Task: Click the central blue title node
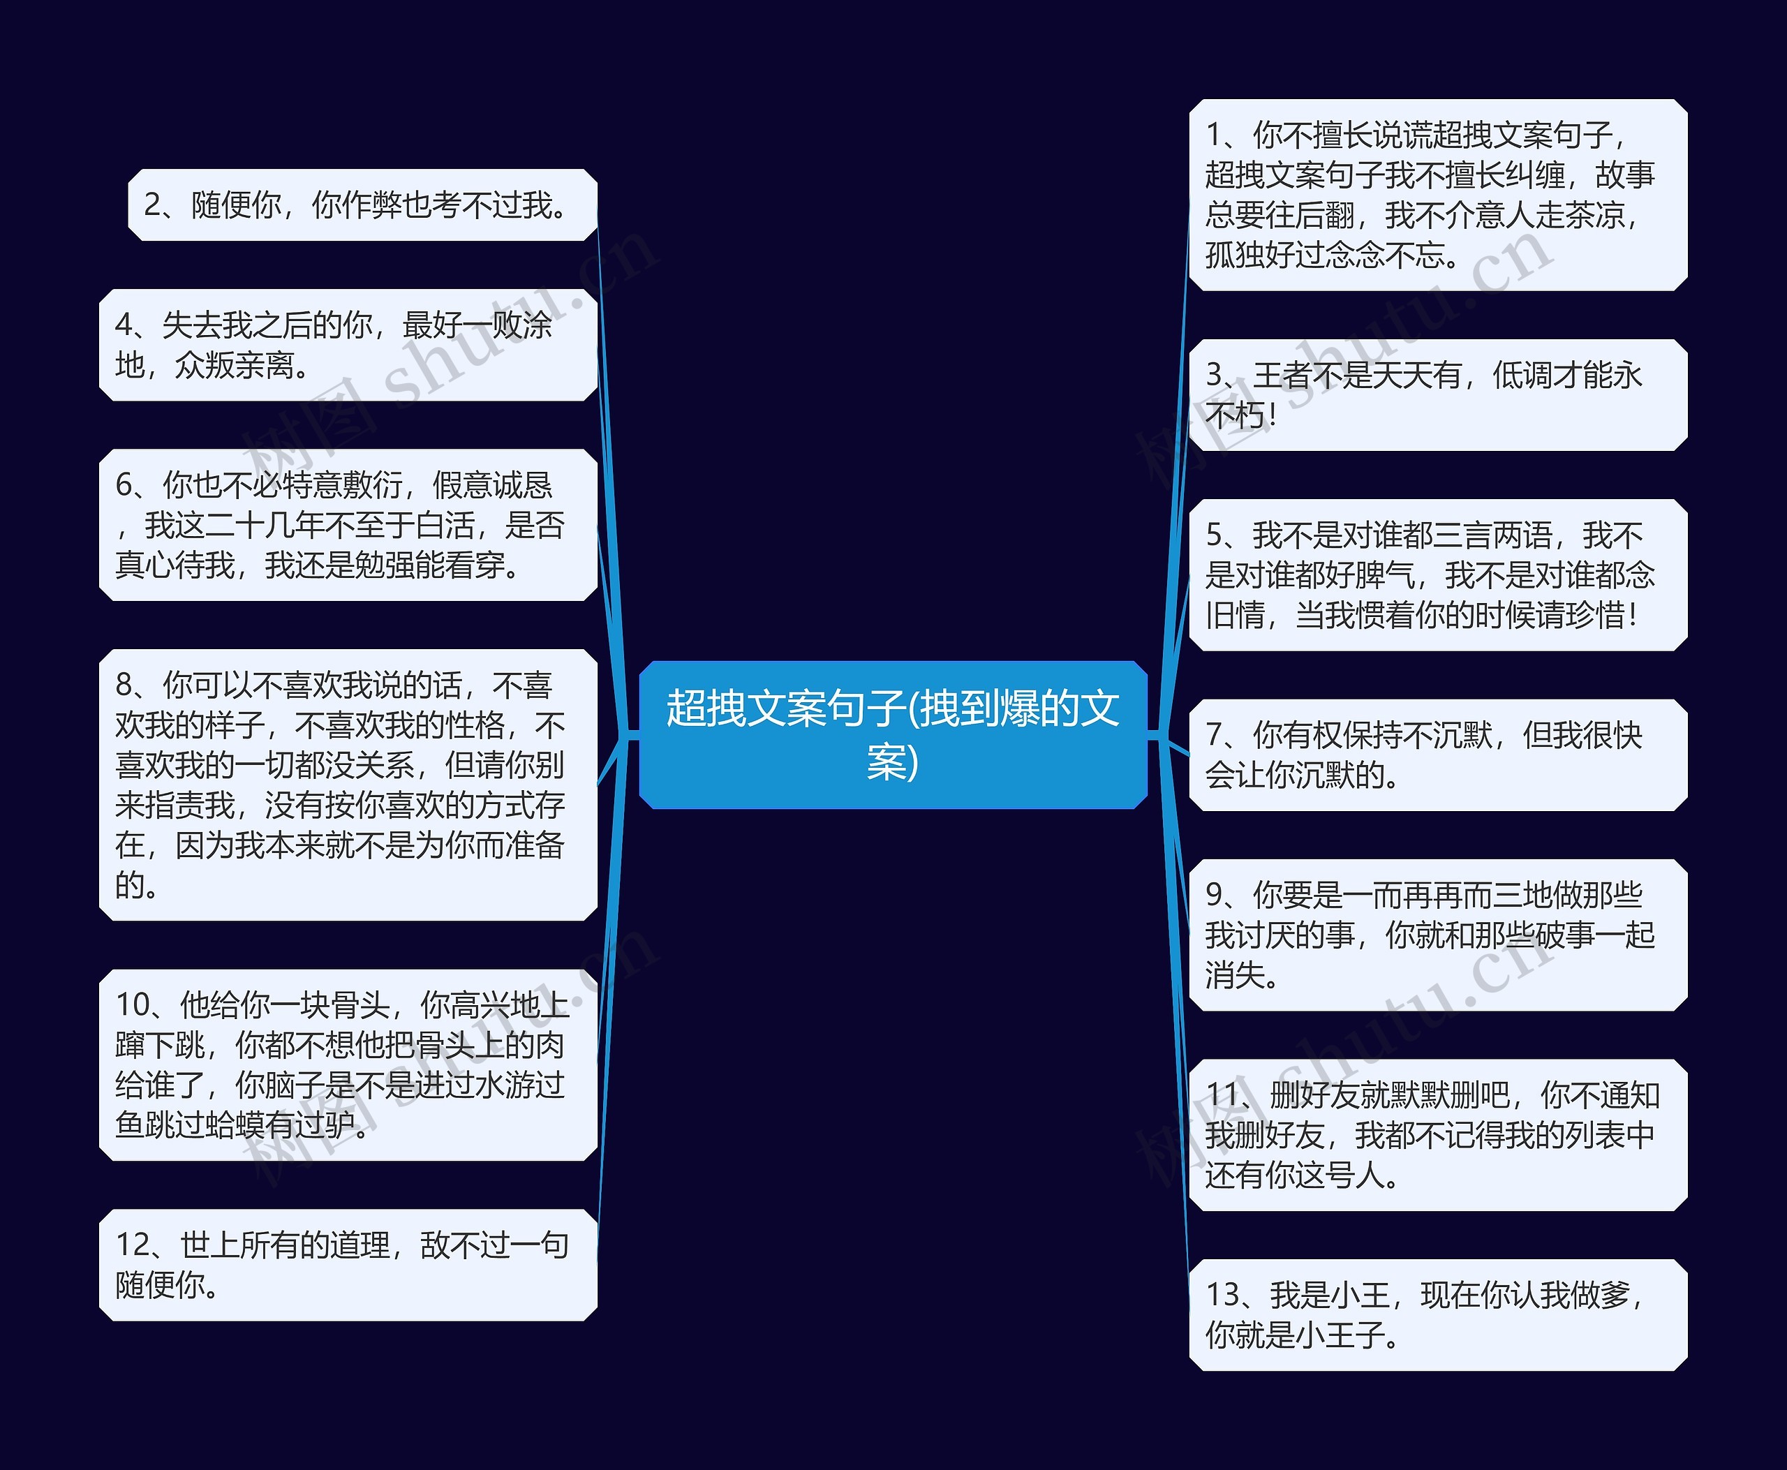tap(893, 734)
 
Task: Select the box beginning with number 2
tap(362, 205)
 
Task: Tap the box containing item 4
tap(348, 345)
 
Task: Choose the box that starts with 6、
tap(348, 525)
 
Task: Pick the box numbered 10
tap(348, 1064)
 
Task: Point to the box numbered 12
tap(348, 1264)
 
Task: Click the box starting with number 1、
tap(1437, 195)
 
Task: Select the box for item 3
tap(1437, 394)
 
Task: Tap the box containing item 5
tap(1437, 575)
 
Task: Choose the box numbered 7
tap(1437, 755)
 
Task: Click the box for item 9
tap(1437, 935)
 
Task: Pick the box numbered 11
tap(1437, 1135)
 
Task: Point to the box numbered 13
tap(1437, 1314)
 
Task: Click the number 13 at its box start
tap(1223, 1295)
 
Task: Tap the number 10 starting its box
tap(133, 1005)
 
